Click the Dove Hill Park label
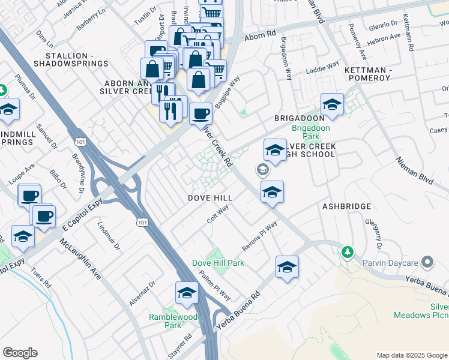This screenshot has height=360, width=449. tap(218, 263)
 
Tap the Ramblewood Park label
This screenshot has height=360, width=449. tap(164, 321)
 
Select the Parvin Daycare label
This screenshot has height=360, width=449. tap(389, 262)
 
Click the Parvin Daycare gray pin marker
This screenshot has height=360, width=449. tap(427, 262)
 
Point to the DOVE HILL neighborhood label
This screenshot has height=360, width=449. tap(210, 198)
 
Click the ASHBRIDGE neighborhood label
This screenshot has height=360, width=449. tap(346, 206)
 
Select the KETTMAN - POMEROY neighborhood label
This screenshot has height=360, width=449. tap(368, 74)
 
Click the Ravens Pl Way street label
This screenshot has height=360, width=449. tap(259, 236)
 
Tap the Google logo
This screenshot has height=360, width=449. tap(20, 353)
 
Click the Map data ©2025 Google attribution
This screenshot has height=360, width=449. tap(411, 355)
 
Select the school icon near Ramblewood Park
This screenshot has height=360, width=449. tap(187, 293)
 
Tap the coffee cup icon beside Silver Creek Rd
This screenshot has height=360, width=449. tap(200, 113)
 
